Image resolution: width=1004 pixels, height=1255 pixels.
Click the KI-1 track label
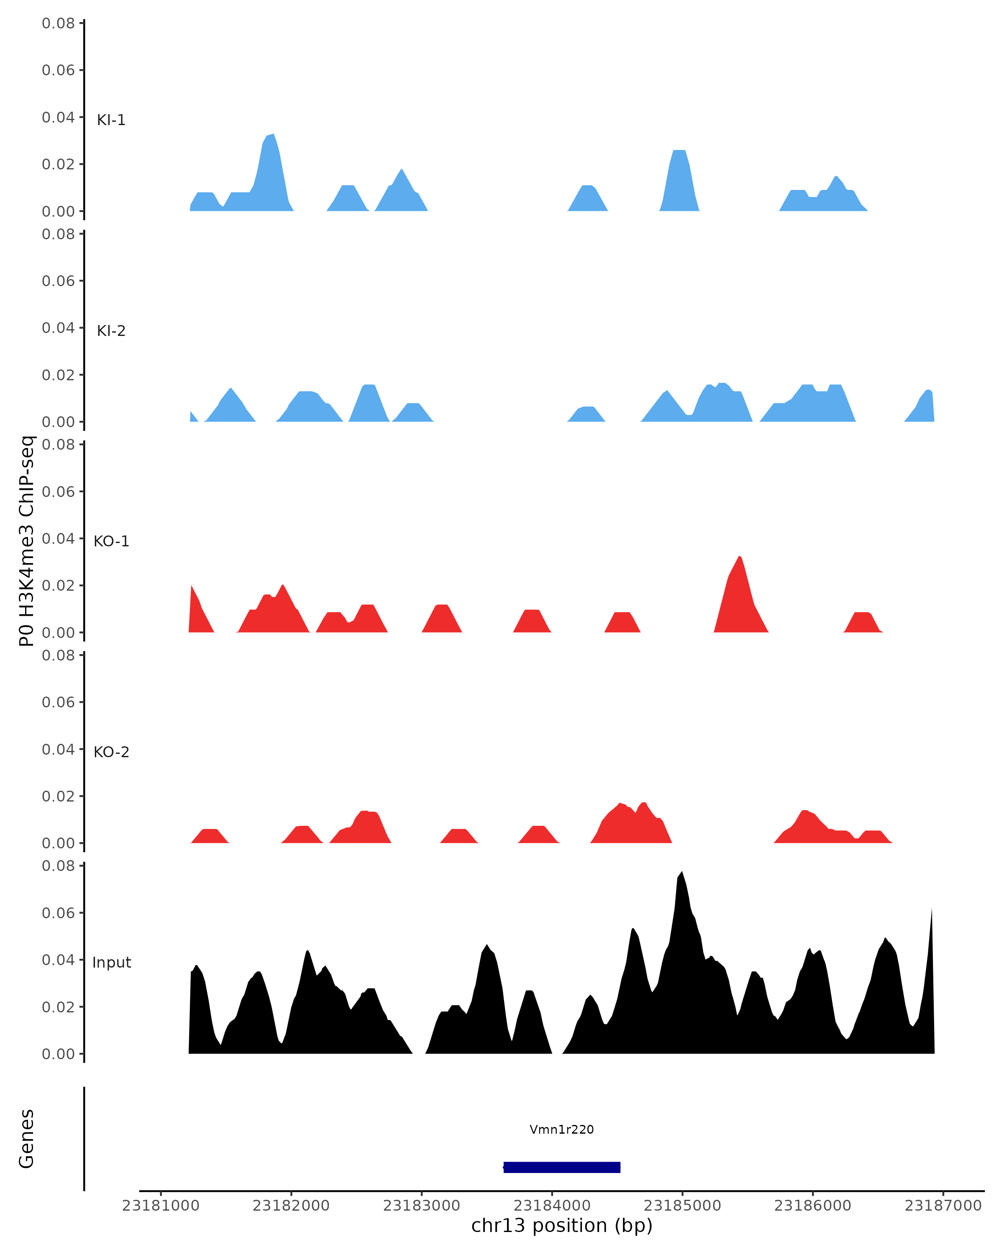[x=111, y=120]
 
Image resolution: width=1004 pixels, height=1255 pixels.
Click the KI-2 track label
[x=111, y=330]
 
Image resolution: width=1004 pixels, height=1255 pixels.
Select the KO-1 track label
[x=111, y=541]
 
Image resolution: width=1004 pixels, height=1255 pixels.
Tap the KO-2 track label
[x=111, y=752]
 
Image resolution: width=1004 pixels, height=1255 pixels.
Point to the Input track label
[x=112, y=963]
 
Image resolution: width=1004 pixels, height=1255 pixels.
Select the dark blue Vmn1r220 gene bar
[x=562, y=1167]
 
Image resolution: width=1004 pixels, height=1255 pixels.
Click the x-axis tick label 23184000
[x=552, y=1206]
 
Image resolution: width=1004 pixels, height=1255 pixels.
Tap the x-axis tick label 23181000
[x=161, y=1206]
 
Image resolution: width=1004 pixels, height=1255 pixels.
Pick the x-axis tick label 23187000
[x=943, y=1206]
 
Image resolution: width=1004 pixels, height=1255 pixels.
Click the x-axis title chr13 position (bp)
[x=562, y=1226]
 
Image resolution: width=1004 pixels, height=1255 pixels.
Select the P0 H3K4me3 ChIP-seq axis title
[x=27, y=541]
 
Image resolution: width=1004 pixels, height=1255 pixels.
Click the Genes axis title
[x=27, y=1139]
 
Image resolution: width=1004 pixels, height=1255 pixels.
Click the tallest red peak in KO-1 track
[x=739, y=558]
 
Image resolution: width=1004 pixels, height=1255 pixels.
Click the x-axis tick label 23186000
[x=812, y=1206]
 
